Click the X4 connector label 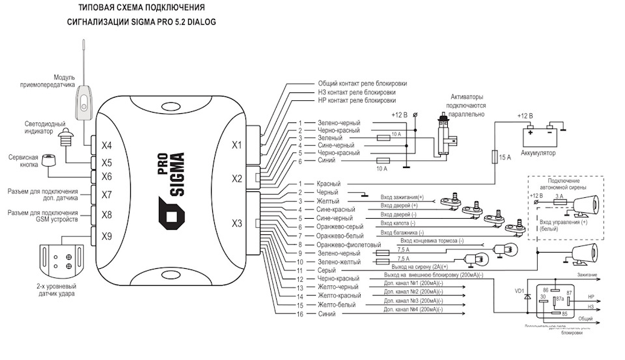(x=107, y=145)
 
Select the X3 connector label (x=237, y=223)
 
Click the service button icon (x=49, y=161)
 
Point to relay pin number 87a (x=559, y=299)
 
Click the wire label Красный (x=329, y=184)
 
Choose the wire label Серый (x=326, y=270)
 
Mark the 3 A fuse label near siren (x=559, y=195)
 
